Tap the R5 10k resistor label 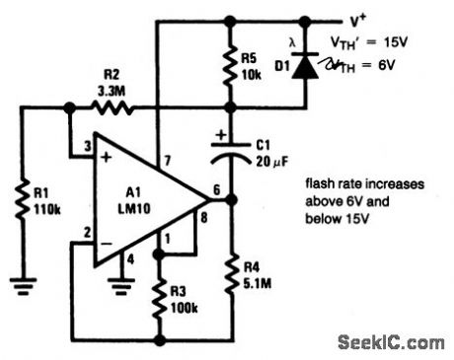[x=252, y=63]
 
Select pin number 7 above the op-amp [x=167, y=158]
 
